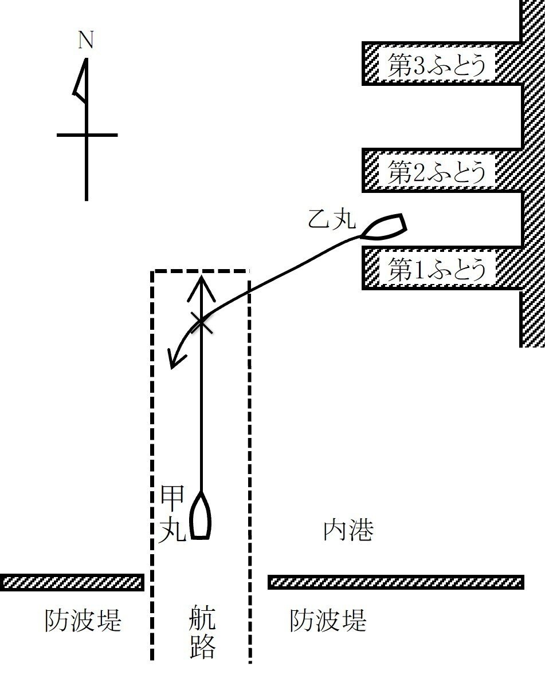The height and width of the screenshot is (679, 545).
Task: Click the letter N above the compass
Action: [x=86, y=40]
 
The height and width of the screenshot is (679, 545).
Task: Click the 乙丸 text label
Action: [x=332, y=220]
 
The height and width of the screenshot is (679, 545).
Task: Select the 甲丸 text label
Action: [x=172, y=513]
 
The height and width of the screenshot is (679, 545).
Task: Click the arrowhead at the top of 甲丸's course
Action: [x=201, y=286]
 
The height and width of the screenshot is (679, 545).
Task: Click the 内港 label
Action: [x=348, y=530]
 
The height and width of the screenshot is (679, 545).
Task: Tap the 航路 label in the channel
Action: [x=202, y=631]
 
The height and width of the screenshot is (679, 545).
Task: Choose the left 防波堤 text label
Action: [x=83, y=620]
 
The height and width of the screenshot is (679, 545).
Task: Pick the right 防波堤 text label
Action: [x=328, y=620]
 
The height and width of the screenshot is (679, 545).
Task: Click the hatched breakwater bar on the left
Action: [x=72, y=582]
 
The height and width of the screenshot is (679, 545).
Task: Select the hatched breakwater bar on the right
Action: [x=395, y=582]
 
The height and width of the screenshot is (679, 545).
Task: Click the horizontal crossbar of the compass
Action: [x=87, y=135]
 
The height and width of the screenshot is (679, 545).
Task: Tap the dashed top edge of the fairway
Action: [x=201, y=271]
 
